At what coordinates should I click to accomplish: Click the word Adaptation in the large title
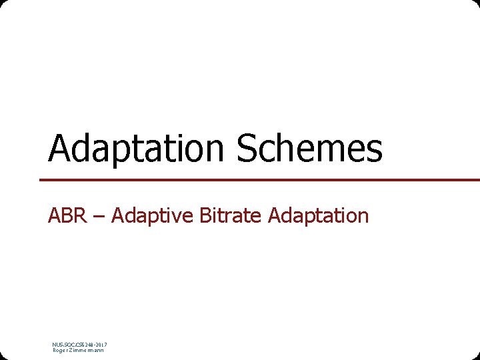(137, 149)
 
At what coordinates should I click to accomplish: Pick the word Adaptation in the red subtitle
(318, 216)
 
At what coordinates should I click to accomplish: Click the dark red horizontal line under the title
(260, 179)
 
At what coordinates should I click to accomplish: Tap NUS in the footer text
(57, 345)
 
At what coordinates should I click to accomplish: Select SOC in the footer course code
(69, 345)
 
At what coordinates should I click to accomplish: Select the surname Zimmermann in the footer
(87, 350)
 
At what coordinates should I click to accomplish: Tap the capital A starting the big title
(61, 149)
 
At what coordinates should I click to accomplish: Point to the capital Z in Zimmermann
(71, 350)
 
